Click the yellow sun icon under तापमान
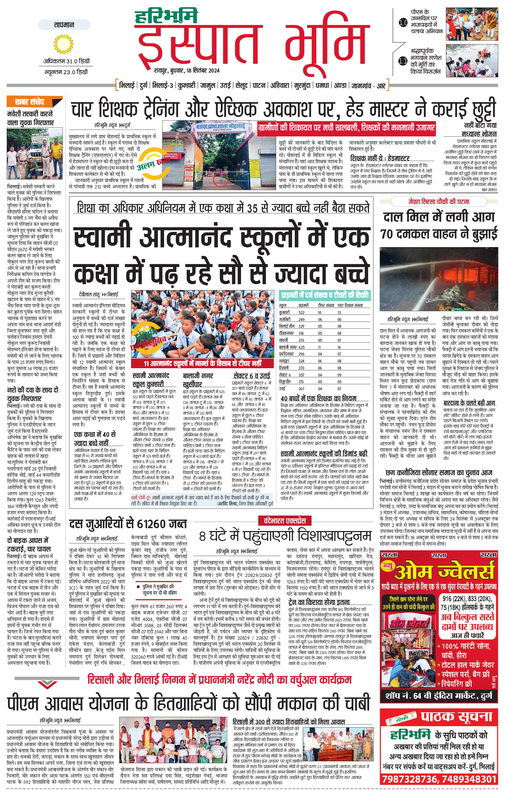[64, 45]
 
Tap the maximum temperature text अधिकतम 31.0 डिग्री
[66, 61]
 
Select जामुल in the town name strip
[207, 85]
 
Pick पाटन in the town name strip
[259, 85]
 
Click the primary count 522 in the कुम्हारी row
[301, 312]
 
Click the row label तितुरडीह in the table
[285, 382]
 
